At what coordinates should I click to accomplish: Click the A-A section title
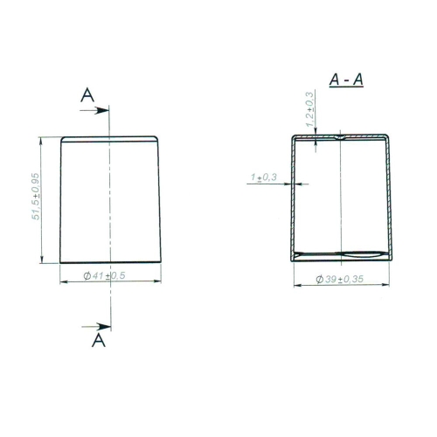pyautogui.click(x=346, y=80)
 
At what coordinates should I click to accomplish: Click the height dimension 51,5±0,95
pyautogui.click(x=36, y=197)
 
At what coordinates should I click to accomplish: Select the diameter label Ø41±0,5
pyautogui.click(x=104, y=275)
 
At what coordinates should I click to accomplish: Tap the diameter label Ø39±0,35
pyautogui.click(x=340, y=279)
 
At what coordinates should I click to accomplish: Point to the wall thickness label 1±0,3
pyautogui.click(x=264, y=177)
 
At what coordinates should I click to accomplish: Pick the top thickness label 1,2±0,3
pyautogui.click(x=310, y=109)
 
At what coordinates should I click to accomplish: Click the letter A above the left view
pyautogui.click(x=87, y=95)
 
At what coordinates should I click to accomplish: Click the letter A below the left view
pyautogui.click(x=99, y=340)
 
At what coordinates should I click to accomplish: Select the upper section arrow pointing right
pyautogui.click(x=94, y=110)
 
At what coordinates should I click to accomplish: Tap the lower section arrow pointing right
pyautogui.click(x=96, y=327)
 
